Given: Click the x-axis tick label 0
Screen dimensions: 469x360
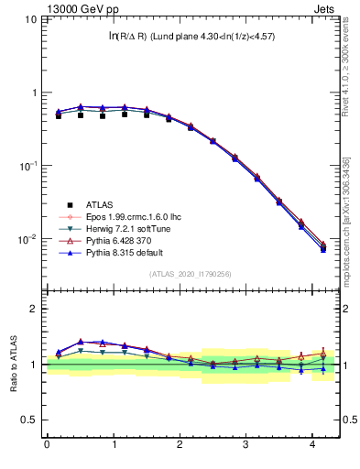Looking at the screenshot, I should pyautogui.click(x=47, y=446).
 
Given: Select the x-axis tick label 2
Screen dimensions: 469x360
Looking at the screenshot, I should pyautogui.click(x=180, y=446).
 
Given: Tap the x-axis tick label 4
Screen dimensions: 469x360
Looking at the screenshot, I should pyautogui.click(x=312, y=446).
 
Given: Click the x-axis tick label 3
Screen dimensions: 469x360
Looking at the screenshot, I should pyautogui.click(x=245, y=446).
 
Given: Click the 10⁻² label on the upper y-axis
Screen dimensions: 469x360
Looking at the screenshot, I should pyautogui.click(x=26, y=239).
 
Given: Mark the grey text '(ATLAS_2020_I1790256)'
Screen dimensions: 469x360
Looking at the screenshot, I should pyautogui.click(x=189, y=273).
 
